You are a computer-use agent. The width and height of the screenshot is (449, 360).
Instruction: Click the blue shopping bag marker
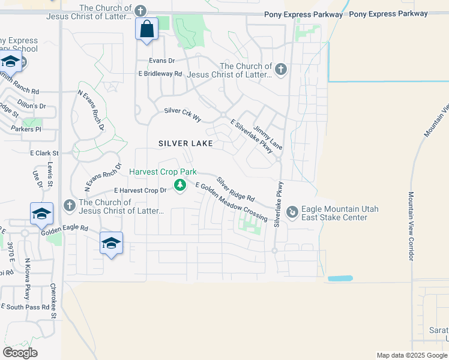point(147,29)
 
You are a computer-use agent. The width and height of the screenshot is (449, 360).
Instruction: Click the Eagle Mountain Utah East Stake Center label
point(334,213)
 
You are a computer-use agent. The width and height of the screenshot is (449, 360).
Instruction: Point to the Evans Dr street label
point(162,61)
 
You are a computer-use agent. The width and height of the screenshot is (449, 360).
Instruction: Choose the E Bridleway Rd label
point(160,74)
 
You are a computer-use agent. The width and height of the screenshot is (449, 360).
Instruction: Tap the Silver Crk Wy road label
point(182,112)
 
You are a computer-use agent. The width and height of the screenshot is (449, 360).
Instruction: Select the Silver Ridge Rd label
point(236,189)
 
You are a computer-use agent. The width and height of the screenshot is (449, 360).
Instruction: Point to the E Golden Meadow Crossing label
point(231,202)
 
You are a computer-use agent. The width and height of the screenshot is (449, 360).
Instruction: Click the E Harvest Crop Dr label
point(140,191)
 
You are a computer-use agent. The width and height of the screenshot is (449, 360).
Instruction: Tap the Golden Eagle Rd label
point(64,229)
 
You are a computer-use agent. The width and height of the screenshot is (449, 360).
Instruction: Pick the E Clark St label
point(45,154)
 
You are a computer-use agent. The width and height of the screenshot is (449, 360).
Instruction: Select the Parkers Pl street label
point(26,129)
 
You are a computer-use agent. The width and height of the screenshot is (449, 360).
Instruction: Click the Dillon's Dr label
point(32,106)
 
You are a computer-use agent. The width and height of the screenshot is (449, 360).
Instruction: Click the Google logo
point(20,352)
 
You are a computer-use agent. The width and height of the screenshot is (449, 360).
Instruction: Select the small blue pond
point(340,279)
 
